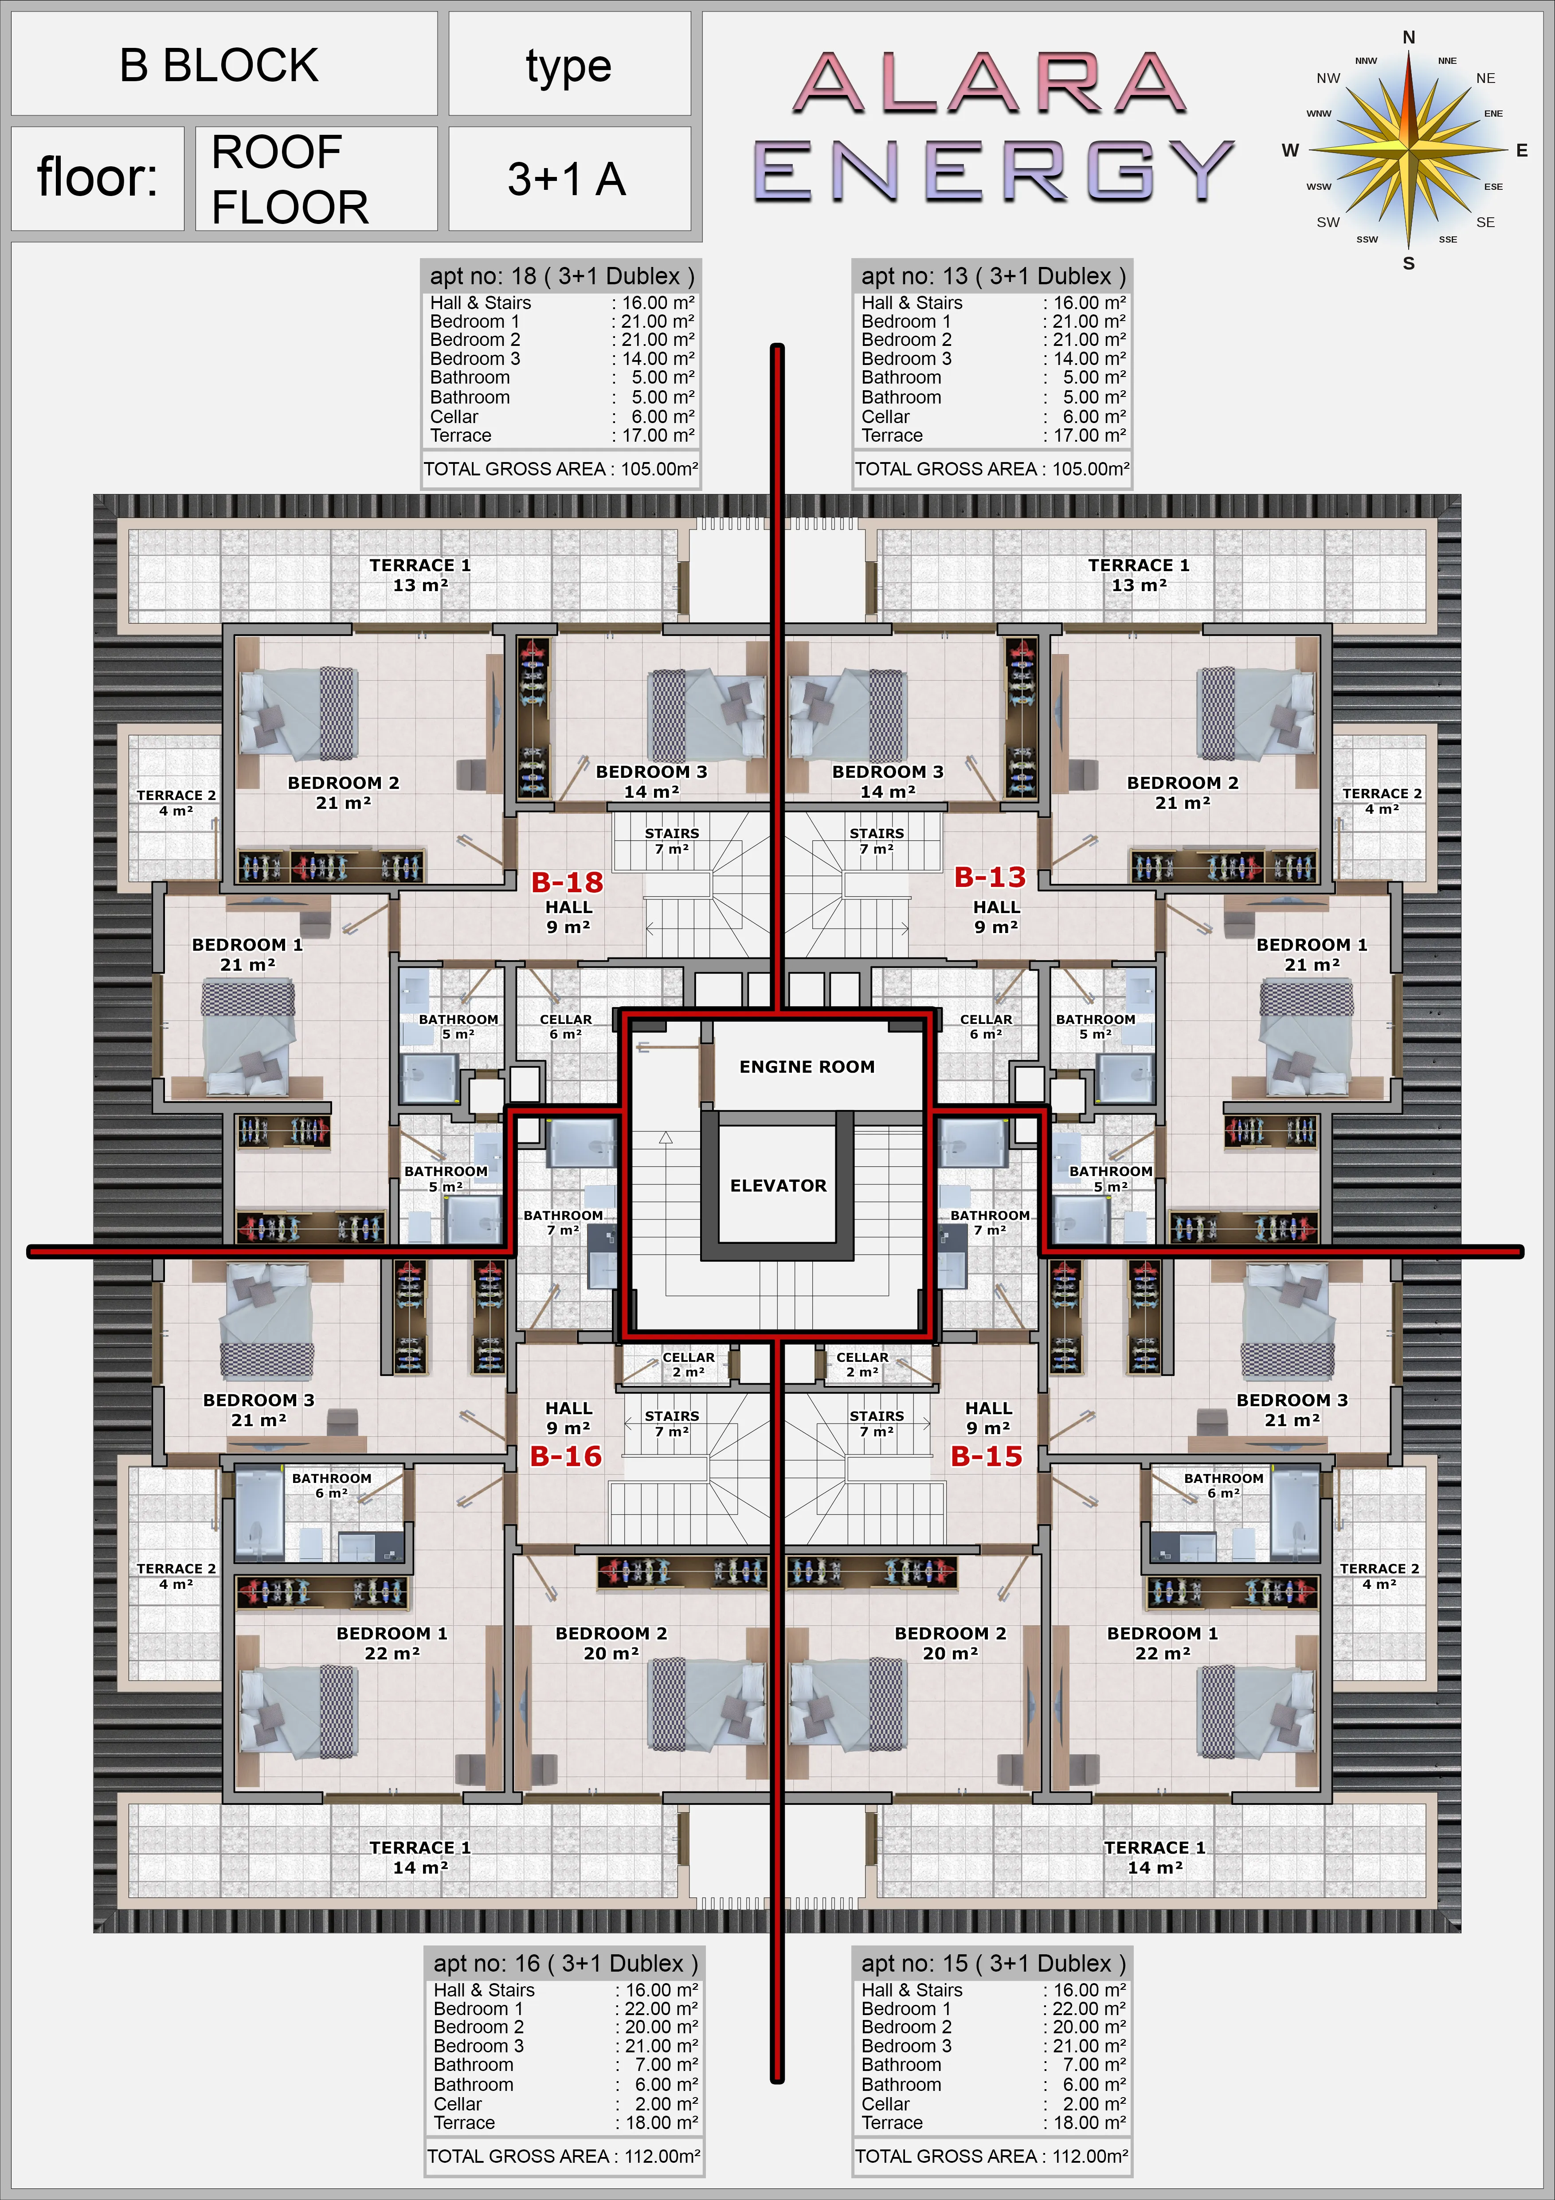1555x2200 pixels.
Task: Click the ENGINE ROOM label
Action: [x=807, y=1067]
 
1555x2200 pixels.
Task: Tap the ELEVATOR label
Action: [x=778, y=1185]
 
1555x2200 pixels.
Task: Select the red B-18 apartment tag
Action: [x=567, y=882]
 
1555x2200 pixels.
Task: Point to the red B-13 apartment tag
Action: [x=990, y=877]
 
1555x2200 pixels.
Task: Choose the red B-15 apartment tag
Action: [x=987, y=1456]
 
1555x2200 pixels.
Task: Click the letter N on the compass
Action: [x=1408, y=37]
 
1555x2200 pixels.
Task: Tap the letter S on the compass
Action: [x=1408, y=263]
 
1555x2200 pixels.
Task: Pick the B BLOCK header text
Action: [x=219, y=65]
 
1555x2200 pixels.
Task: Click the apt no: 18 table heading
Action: [x=561, y=276]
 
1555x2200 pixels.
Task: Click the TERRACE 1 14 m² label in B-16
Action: [x=419, y=1857]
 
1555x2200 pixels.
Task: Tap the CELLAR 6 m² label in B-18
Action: [x=565, y=1026]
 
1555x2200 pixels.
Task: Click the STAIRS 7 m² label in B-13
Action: [x=877, y=840]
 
